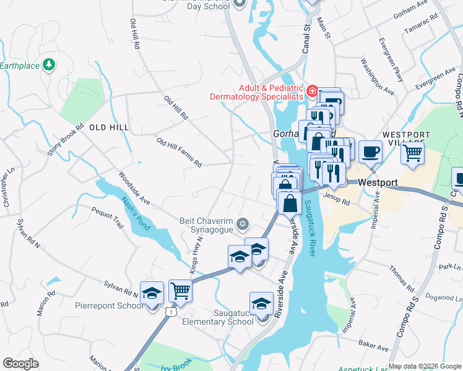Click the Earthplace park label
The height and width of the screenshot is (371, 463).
19,65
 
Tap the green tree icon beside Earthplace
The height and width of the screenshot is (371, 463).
48,65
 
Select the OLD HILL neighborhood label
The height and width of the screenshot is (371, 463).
109,127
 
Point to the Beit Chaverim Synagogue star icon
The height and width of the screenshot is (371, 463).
243,223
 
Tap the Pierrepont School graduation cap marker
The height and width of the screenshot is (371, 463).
152,294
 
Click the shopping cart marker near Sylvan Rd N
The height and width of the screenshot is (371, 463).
180,289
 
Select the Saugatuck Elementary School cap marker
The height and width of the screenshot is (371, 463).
262,304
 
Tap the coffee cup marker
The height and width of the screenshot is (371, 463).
370,151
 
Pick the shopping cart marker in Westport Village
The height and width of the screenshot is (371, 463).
412,151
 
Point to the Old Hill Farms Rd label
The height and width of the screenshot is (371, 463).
179,153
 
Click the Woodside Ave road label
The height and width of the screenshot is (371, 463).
135,188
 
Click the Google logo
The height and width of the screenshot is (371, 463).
20,364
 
